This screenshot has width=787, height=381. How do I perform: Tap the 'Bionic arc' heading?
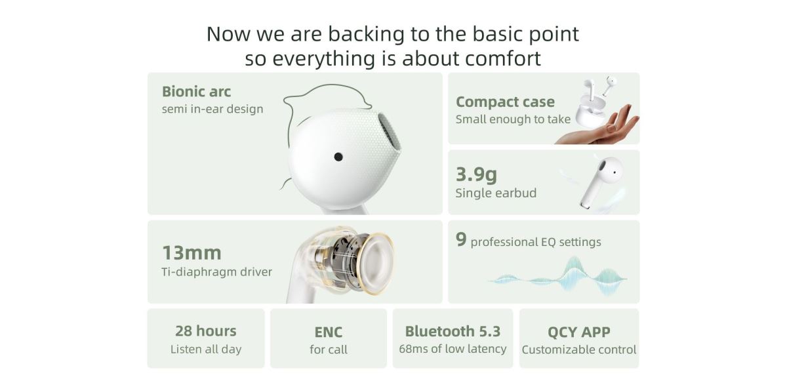[196, 92]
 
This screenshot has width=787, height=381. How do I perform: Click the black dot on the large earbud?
[338, 157]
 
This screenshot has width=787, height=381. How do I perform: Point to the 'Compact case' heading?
[505, 102]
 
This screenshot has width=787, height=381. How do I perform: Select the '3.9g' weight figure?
[476, 174]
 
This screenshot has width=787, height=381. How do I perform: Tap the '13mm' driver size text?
[192, 253]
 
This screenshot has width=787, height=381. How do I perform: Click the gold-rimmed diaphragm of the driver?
[375, 264]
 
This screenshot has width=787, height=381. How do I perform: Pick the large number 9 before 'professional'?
[461, 240]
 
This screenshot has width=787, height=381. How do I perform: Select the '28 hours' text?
[206, 331]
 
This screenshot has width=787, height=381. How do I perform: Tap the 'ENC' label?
[329, 332]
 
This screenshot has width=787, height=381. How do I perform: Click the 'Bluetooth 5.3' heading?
[453, 331]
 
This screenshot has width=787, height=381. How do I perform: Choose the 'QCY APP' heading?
[579, 332]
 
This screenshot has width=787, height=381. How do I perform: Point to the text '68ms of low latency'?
[453, 349]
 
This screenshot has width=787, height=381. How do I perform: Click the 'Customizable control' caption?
[579, 350]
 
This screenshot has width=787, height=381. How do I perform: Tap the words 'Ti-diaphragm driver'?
[217, 271]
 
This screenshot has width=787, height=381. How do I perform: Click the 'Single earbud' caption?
[496, 193]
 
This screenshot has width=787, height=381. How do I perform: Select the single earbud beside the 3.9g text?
[601, 182]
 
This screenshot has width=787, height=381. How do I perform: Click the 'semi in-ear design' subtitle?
[212, 110]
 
